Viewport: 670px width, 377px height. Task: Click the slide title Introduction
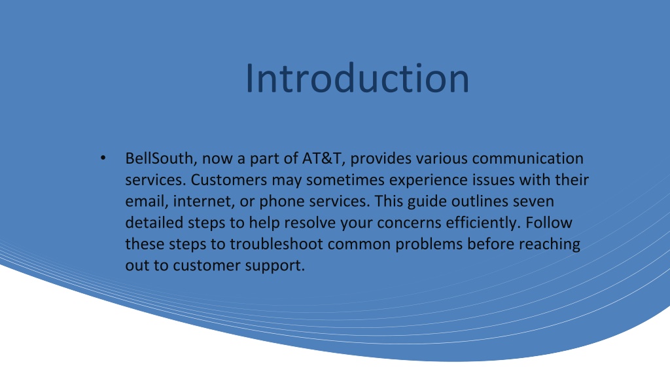pyautogui.click(x=357, y=78)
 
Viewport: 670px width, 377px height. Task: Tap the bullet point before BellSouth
pyautogui.click(x=103, y=158)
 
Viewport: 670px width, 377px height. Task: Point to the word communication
pyautogui.click(x=528, y=158)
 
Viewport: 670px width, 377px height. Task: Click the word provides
pyautogui.click(x=381, y=159)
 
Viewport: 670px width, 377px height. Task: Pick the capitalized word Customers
pyautogui.click(x=228, y=180)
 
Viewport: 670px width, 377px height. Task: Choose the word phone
pyautogui.click(x=282, y=202)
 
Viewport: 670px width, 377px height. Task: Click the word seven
pyautogui.click(x=533, y=202)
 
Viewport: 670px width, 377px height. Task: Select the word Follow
pyautogui.click(x=549, y=223)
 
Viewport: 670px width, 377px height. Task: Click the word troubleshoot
pyautogui.click(x=277, y=244)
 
